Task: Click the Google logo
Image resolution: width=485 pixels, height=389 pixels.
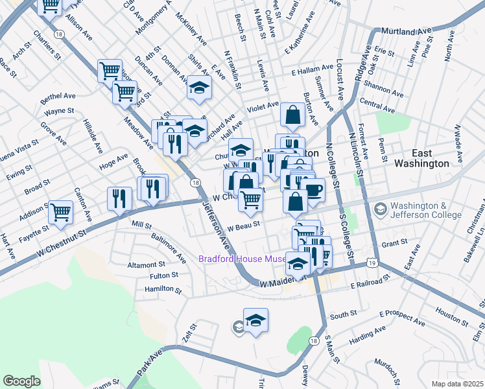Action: (22, 381)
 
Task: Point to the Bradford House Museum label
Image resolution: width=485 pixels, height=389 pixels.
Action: (242, 259)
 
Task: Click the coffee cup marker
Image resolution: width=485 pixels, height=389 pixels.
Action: (313, 191)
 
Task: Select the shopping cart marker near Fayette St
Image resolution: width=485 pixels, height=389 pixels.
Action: (60, 211)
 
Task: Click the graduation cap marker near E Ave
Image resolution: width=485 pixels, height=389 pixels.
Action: (200, 87)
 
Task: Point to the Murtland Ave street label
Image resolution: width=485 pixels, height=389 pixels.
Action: (405, 31)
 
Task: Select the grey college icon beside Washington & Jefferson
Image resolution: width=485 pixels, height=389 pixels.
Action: (379, 209)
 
